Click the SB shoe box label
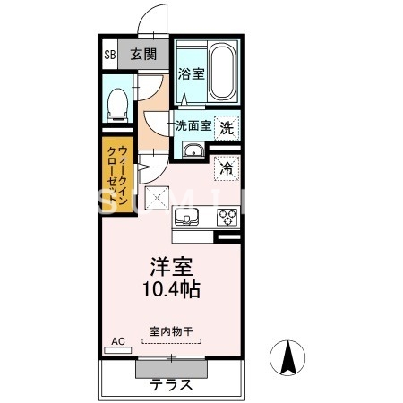pyautogui.click(x=110, y=54)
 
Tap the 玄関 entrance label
pyautogui.click(x=143, y=54)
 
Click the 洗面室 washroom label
pyautogui.click(x=193, y=126)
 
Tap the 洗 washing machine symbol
pyautogui.click(x=227, y=127)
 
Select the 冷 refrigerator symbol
pyautogui.click(x=227, y=167)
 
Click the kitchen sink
pyautogui.click(x=189, y=217)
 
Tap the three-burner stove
pyautogui.click(x=227, y=217)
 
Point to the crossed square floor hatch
pyautogui.click(x=159, y=200)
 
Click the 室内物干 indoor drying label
pyautogui.click(x=171, y=330)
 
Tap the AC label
pyautogui.click(x=116, y=341)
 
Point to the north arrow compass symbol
pyautogui.click(x=289, y=361)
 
